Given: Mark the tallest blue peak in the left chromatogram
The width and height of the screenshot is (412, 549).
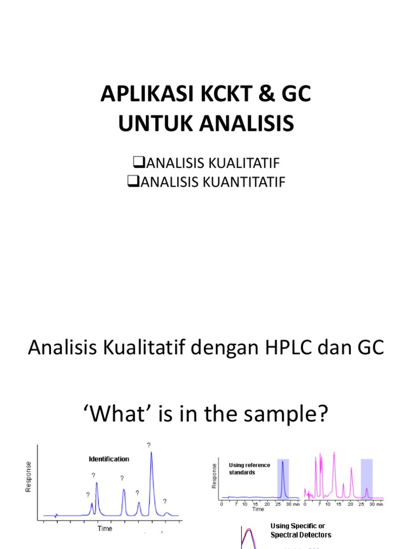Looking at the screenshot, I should point(151,472).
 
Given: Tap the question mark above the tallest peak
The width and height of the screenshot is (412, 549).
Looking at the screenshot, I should point(149,444).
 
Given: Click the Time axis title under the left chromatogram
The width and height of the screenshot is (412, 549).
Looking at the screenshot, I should point(105,529).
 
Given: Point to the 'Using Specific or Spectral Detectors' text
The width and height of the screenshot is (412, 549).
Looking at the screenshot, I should point(300,530).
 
